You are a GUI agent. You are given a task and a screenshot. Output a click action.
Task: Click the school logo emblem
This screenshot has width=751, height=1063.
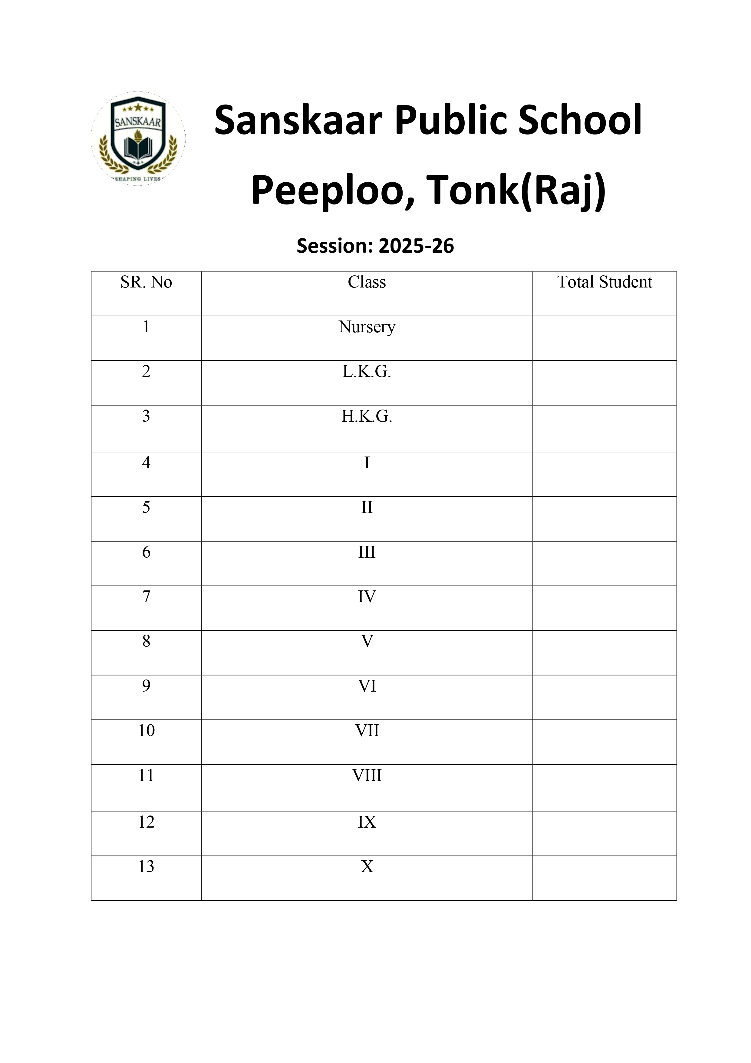(x=138, y=138)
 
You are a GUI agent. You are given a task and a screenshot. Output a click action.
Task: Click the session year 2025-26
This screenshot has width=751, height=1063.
(x=416, y=246)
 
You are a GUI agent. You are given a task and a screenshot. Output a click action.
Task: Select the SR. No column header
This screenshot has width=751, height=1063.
(x=146, y=282)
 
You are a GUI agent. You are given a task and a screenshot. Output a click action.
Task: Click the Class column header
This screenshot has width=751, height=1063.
(x=367, y=282)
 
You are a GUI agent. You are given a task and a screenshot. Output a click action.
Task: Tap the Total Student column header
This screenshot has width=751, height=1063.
(x=604, y=282)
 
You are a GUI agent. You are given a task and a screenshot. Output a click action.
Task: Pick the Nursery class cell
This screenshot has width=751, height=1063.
(x=367, y=327)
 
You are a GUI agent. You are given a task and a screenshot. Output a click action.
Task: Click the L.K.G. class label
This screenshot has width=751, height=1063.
(x=367, y=371)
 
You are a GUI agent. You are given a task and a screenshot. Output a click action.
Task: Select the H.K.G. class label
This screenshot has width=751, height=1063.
(x=367, y=416)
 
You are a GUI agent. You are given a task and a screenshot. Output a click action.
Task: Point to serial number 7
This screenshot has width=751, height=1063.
(x=146, y=596)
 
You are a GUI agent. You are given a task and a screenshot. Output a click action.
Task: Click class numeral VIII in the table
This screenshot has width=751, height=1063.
(x=367, y=776)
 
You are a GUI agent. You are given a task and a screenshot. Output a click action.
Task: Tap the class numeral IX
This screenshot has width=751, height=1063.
(x=367, y=822)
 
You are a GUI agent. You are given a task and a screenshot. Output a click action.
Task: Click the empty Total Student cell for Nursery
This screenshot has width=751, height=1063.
(x=604, y=338)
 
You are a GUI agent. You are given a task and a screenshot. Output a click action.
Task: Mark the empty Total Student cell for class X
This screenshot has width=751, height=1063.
(x=604, y=878)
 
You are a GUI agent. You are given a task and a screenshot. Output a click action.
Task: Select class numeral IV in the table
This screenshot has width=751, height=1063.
(x=367, y=596)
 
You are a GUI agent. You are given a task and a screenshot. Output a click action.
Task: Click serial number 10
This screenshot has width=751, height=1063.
(x=146, y=731)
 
